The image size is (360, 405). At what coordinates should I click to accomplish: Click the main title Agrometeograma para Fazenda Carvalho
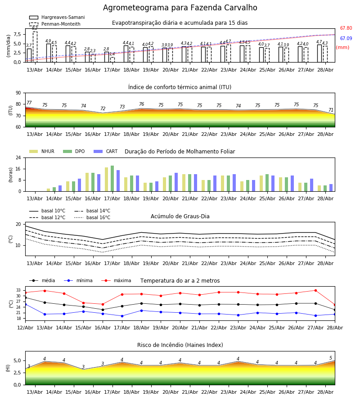(180, 8)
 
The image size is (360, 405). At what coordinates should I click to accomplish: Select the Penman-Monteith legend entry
(55, 24)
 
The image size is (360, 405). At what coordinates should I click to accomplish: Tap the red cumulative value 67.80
(346, 28)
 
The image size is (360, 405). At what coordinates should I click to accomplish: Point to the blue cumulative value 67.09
(346, 39)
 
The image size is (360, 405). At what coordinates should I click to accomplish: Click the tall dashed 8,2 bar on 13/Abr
(35, 47)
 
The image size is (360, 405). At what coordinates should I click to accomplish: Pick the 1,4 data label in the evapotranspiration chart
(112, 54)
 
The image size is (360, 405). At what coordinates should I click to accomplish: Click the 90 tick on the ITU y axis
(18, 93)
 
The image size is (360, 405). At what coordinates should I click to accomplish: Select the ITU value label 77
(29, 103)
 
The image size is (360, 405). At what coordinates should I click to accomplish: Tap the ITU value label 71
(331, 110)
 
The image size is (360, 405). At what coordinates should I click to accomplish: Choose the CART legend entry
(106, 151)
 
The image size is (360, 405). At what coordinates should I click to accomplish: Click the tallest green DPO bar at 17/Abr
(112, 179)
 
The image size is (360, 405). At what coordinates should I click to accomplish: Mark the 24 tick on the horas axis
(18, 158)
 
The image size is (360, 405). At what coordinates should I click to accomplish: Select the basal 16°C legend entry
(92, 217)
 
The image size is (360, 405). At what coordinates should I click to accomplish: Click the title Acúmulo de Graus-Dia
(180, 216)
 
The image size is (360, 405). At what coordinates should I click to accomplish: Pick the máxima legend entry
(116, 280)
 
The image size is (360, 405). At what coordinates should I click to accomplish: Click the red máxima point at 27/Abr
(315, 291)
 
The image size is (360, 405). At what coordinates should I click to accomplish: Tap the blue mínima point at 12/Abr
(26, 305)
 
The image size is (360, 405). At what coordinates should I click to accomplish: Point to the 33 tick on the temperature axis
(18, 290)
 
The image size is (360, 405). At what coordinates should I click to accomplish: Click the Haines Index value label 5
(331, 358)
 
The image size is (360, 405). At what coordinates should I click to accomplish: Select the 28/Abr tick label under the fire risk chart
(325, 392)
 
